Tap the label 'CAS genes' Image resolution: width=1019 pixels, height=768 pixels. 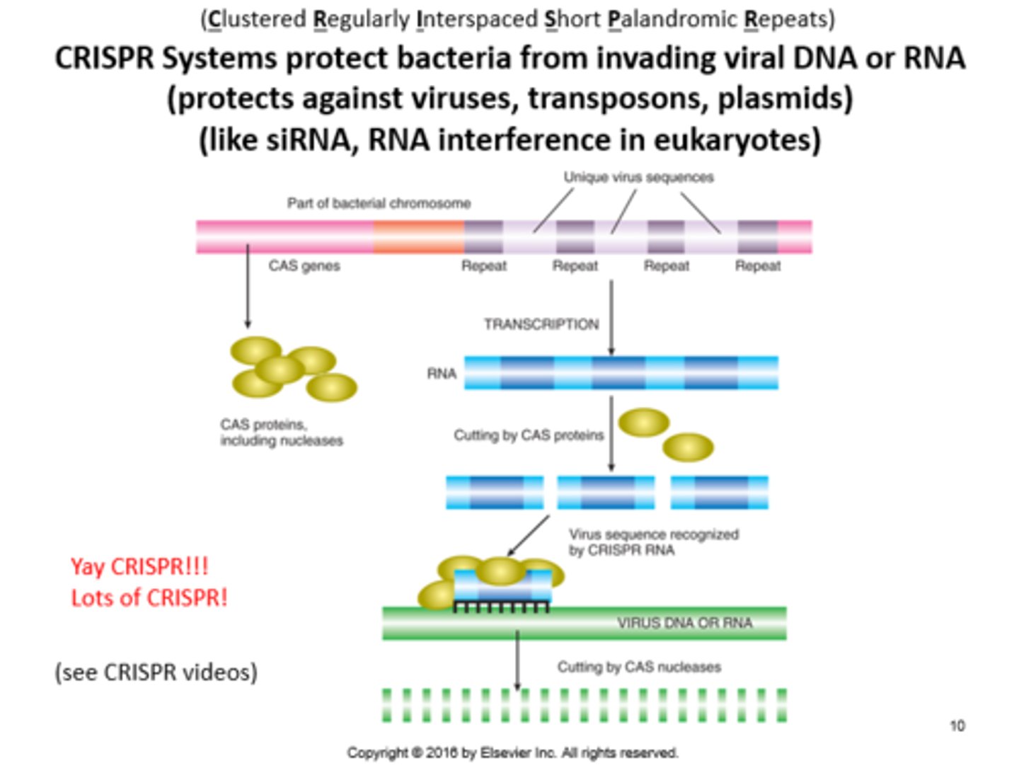pos(304,266)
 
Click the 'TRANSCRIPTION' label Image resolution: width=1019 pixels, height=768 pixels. pos(541,324)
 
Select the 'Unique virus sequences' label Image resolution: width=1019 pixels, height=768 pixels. pos(638,177)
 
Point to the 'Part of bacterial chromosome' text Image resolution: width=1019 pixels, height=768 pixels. pos(379,204)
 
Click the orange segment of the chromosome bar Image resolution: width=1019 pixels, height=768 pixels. pos(418,237)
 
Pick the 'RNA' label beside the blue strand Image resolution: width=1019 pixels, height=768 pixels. pos(442,374)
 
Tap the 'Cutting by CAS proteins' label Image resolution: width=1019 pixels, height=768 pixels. pos(529,435)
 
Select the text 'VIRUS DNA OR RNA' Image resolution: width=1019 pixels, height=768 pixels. pos(684,623)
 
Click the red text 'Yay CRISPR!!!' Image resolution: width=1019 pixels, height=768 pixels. pos(139,566)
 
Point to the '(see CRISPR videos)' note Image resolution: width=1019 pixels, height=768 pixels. pos(156,672)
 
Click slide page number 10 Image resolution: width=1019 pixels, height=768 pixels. pos(957,726)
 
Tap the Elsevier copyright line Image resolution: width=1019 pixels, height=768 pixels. pos(512,752)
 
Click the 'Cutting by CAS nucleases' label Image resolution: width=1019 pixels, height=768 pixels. pos(639,667)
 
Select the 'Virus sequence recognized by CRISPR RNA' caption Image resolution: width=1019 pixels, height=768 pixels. pos(653,542)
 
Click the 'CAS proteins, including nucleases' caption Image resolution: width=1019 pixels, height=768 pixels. pos(281,432)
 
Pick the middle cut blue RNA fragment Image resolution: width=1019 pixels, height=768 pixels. pos(606,493)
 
